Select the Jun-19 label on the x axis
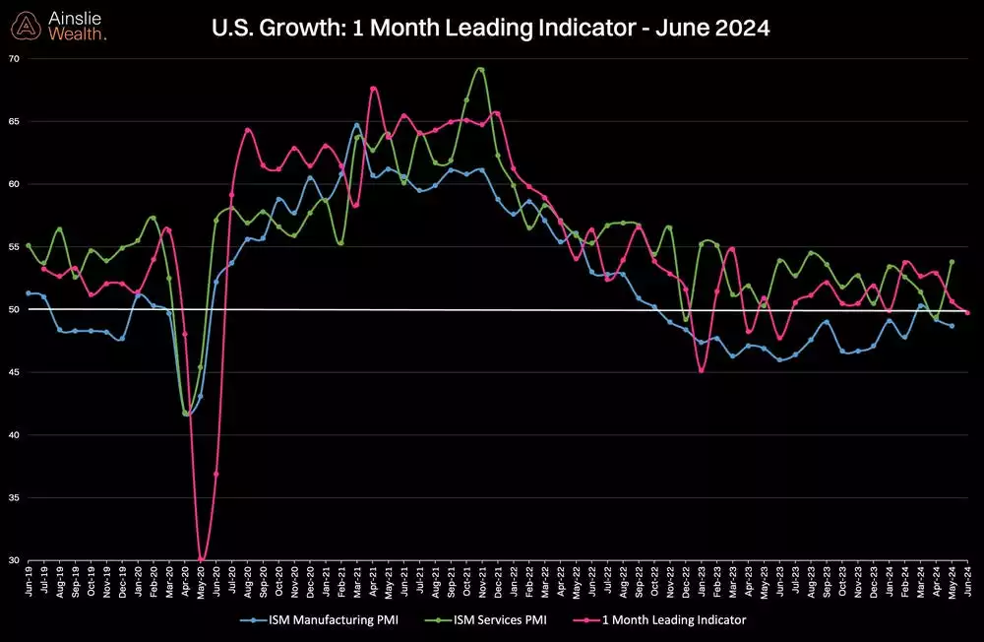point(29,580)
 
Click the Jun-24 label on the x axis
point(969,580)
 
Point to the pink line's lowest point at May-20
point(201,559)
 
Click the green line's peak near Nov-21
point(480,69)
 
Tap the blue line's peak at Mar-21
point(357,124)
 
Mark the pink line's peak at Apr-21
point(373,89)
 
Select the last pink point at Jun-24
point(968,312)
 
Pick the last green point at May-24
point(953,262)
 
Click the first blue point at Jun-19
point(29,292)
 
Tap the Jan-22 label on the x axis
point(514,580)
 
